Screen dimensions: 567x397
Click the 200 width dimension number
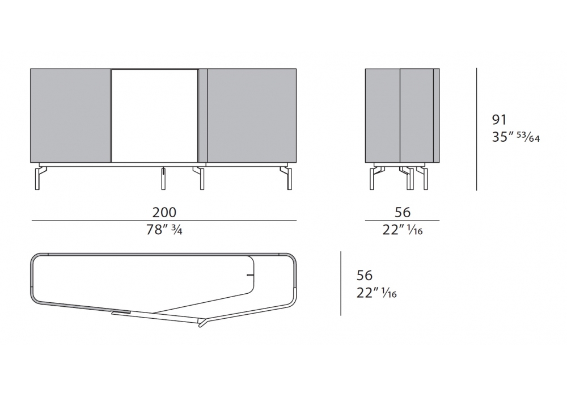click(164, 212)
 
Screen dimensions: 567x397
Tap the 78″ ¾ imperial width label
click(164, 230)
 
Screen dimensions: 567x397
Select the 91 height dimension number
click(500, 120)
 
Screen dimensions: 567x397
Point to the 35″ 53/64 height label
click(515, 137)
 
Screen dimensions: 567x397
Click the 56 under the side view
click(403, 212)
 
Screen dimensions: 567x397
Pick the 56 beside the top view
click(365, 276)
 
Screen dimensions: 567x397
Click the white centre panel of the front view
click(155, 116)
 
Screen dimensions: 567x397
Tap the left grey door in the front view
click(70, 115)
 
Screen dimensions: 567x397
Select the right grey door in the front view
click(252, 115)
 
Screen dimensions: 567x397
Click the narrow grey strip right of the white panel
click(203, 115)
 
